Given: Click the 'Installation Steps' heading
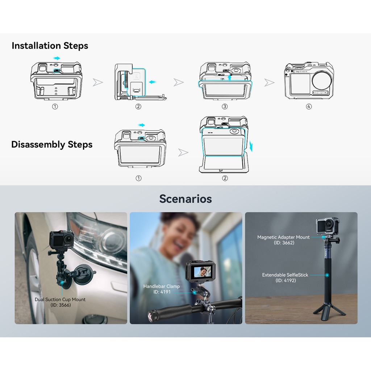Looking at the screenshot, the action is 50,46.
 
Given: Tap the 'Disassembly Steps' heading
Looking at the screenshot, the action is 52,145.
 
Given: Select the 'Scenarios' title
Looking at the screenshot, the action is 185,199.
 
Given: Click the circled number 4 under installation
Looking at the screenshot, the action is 309,107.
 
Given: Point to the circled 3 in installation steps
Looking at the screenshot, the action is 225,107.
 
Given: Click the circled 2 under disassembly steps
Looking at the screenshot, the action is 225,178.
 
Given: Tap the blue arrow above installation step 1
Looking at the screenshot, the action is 57,58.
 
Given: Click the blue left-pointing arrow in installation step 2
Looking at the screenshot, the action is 153,82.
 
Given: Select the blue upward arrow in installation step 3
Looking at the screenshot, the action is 229,78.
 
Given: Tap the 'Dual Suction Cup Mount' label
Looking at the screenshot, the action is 60,300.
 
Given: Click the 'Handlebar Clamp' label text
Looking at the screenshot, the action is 162,286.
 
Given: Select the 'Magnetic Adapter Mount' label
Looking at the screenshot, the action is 283,237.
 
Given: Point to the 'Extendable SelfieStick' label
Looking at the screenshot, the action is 285,275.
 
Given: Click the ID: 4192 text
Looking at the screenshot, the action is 286,281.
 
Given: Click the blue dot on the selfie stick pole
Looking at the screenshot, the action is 327,275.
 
